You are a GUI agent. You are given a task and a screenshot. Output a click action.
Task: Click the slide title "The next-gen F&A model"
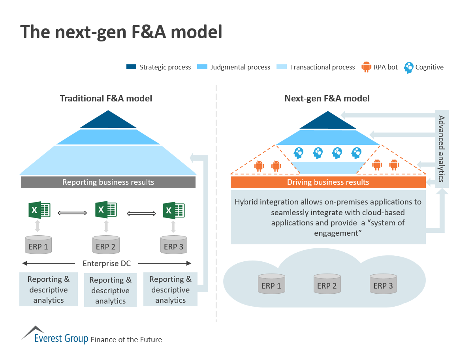point(121,32)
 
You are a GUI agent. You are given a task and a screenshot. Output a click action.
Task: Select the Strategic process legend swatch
point(131,67)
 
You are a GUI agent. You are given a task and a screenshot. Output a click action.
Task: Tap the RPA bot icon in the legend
point(367,67)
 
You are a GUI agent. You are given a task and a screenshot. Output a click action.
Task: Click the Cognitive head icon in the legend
point(408,67)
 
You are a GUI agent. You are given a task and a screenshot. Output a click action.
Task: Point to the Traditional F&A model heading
point(106,98)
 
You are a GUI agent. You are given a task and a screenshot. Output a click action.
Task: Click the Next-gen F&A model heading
point(327,98)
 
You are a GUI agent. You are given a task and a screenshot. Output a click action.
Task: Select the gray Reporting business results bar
point(108,182)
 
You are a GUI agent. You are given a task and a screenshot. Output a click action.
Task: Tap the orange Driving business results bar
point(328,182)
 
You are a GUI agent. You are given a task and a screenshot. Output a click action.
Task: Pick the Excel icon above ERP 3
point(174,210)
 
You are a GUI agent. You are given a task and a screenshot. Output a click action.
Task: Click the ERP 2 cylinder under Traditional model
point(106,246)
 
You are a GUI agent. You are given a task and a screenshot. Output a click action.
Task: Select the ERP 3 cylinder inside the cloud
point(383,284)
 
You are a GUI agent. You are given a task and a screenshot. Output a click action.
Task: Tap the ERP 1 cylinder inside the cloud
point(271,284)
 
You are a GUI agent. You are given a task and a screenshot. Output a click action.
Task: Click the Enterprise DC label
point(107,263)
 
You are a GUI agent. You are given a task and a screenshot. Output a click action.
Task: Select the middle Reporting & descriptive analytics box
point(110,291)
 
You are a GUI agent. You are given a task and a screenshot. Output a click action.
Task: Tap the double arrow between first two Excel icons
point(72,213)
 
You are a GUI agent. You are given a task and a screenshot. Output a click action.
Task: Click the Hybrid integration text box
point(328,217)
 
